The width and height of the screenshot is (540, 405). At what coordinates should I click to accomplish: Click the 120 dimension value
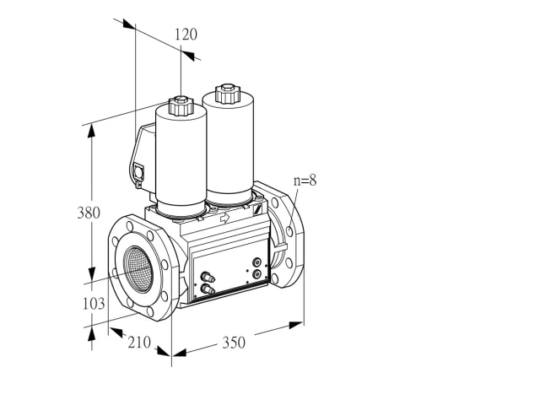(186, 35)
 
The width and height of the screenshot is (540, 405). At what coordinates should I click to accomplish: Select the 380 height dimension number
(89, 213)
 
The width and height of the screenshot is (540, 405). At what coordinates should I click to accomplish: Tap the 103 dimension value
(94, 304)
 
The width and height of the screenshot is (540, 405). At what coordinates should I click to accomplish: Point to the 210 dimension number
(139, 343)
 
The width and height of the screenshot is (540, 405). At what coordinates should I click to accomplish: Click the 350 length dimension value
(234, 343)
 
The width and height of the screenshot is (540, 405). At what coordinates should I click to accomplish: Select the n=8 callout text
(305, 181)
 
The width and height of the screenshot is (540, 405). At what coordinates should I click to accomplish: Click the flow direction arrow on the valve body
(224, 218)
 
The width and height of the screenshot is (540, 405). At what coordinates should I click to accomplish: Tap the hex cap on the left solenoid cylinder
(181, 105)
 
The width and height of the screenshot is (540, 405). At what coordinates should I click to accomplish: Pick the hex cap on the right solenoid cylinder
(227, 94)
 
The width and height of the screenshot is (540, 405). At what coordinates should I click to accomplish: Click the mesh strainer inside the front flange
(138, 269)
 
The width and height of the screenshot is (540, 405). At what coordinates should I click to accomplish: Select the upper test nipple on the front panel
(207, 277)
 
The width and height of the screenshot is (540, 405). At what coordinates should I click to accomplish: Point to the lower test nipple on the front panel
(208, 289)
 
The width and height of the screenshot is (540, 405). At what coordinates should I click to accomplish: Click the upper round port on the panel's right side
(256, 262)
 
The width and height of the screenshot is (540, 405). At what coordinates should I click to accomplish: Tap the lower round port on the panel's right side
(256, 274)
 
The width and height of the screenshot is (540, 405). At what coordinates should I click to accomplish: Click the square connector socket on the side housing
(138, 171)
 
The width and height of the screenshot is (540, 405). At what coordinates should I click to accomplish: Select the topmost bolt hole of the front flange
(130, 226)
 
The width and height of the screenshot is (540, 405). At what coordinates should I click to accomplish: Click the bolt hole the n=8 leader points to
(289, 231)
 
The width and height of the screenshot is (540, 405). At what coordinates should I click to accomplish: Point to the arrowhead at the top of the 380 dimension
(91, 132)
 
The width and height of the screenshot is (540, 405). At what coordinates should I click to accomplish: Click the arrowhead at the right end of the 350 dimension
(296, 325)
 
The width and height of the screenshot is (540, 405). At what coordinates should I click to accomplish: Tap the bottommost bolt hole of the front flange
(150, 311)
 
